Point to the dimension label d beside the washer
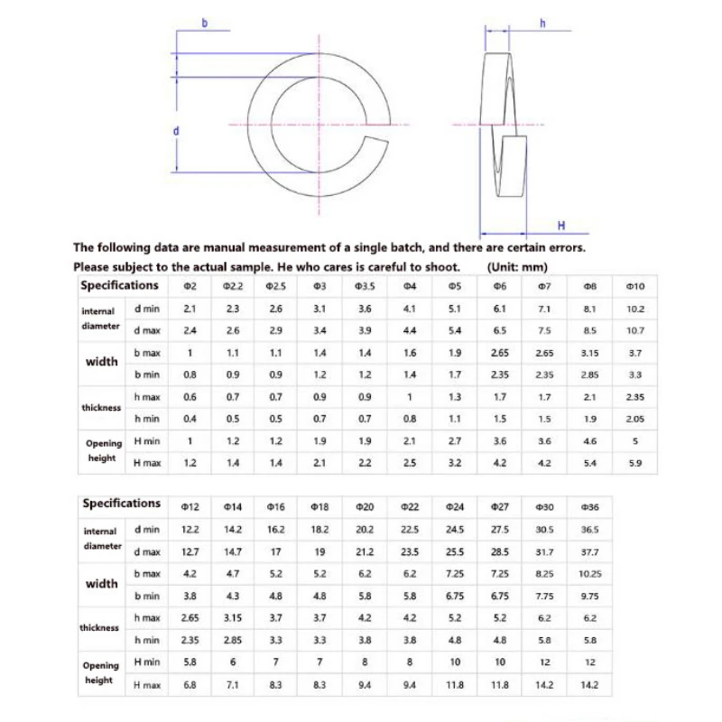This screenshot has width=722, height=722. (x=176, y=131)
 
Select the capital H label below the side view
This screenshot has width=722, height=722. (x=560, y=225)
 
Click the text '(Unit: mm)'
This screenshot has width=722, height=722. (x=516, y=267)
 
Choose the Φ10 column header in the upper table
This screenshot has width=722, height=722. (x=634, y=286)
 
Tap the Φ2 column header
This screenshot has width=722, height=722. (x=190, y=286)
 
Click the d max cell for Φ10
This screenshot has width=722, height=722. (x=634, y=330)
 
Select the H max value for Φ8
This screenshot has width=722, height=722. (x=590, y=463)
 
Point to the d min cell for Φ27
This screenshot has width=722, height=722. (x=499, y=530)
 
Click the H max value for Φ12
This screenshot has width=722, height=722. (x=190, y=685)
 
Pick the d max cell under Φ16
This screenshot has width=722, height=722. (x=276, y=551)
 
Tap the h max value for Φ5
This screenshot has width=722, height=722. (x=455, y=396)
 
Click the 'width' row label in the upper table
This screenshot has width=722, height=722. (x=102, y=362)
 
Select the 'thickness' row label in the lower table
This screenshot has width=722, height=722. (x=100, y=628)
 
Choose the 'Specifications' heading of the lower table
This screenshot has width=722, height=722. (x=121, y=504)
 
